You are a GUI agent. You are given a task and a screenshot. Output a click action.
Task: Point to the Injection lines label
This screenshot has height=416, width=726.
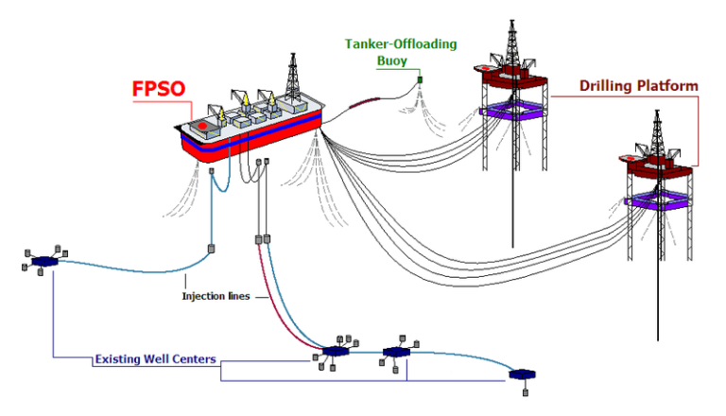216,296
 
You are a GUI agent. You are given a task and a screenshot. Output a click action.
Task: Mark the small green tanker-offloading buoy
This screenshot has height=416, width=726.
421,79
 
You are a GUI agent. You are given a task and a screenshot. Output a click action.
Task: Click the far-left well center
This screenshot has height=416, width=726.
43,261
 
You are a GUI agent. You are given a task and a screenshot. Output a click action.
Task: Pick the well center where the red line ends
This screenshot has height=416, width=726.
335,352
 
